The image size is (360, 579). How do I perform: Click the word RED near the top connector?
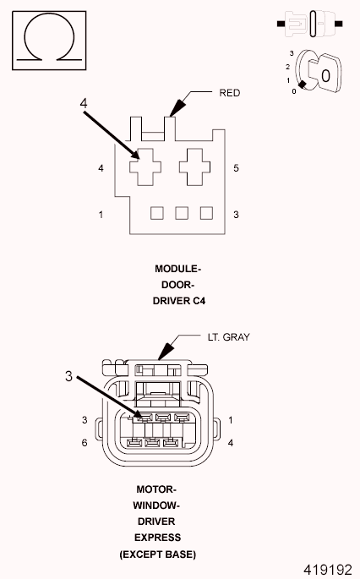[x=230, y=93]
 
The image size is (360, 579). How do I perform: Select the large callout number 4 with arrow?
[x=84, y=103]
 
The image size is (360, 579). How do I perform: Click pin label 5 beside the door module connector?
[x=236, y=168]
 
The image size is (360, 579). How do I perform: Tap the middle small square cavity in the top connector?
[x=181, y=212]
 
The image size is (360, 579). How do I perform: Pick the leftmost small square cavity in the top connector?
[x=157, y=212]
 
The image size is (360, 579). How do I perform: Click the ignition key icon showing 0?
[x=314, y=74]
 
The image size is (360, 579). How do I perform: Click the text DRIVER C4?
[x=178, y=299]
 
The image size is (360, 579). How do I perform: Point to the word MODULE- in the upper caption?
[x=178, y=269]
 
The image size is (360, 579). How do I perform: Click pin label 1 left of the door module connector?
[x=101, y=215]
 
